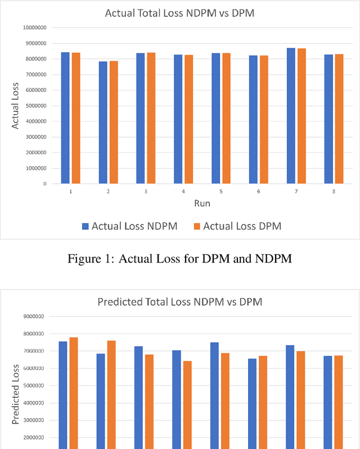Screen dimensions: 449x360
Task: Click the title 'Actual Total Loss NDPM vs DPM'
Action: coord(179,13)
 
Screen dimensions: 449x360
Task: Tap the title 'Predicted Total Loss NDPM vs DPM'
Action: coord(180,302)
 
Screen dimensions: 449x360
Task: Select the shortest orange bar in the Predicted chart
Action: coord(187,405)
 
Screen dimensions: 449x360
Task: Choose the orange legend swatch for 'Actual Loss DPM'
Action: coord(196,226)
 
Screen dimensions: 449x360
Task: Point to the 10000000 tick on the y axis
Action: coord(35,28)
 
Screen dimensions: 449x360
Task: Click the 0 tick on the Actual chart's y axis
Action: coord(44,184)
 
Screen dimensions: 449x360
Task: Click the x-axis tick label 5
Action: coord(220,192)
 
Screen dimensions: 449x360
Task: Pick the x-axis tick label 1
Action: coord(70,192)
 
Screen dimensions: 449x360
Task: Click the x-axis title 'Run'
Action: coord(202,202)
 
